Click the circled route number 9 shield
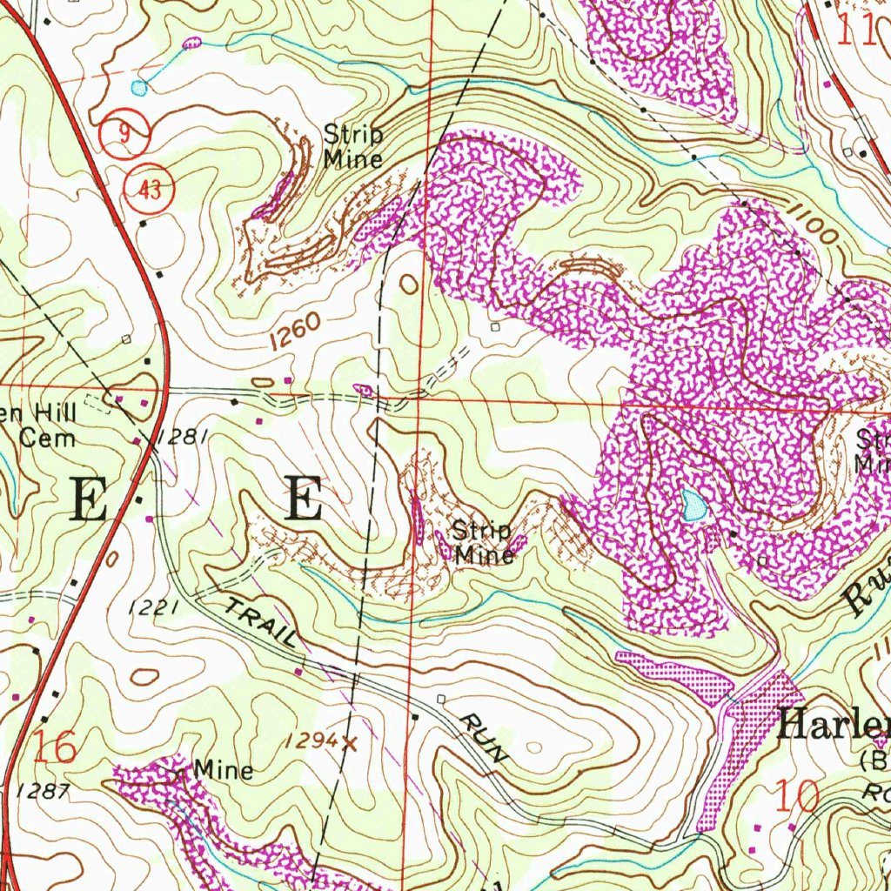click(126, 135)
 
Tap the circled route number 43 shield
click(151, 190)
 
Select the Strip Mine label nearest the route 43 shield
click(352, 146)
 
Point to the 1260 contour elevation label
click(295, 333)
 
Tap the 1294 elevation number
click(310, 740)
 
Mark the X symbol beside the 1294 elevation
click(350, 743)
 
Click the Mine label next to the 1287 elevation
click(224, 770)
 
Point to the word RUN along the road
click(483, 737)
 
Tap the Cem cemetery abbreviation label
click(48, 437)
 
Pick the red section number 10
click(796, 796)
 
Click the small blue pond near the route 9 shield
click(139, 87)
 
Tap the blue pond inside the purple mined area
click(693, 505)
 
